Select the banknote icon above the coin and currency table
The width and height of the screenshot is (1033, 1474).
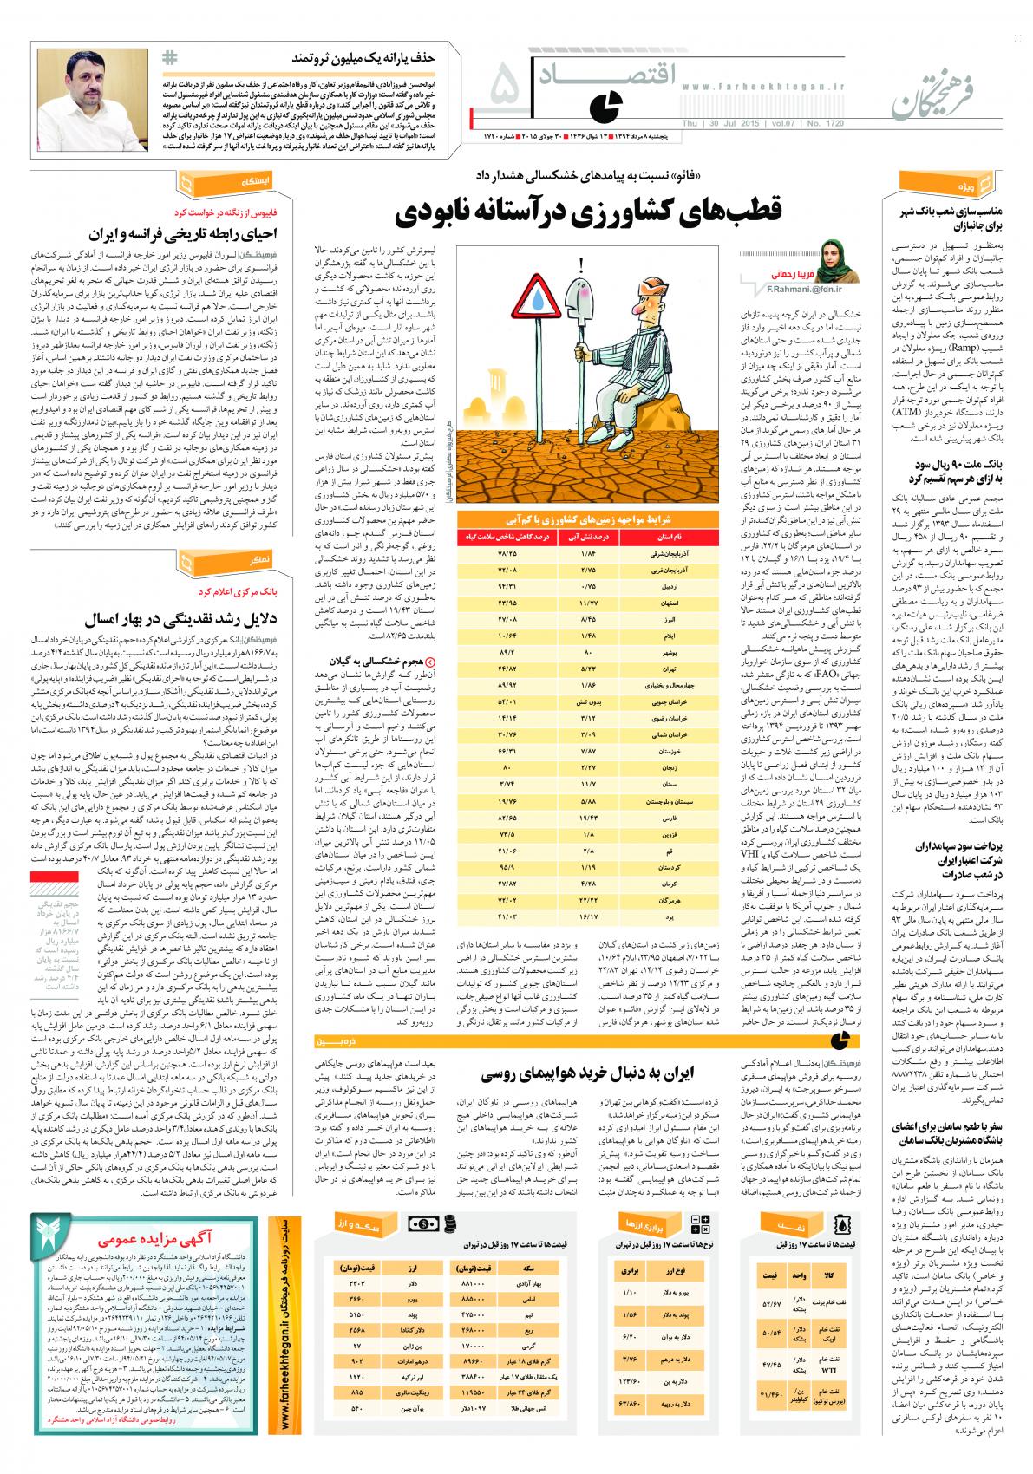pyautogui.click(x=426, y=1223)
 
